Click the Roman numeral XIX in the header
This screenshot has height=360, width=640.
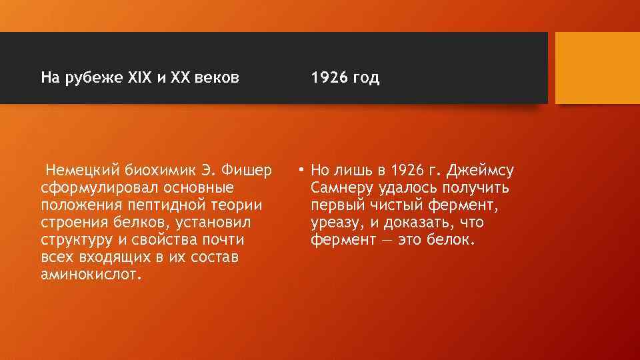139,78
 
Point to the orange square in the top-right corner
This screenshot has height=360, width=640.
597,68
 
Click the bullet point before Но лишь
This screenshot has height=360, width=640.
302,171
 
